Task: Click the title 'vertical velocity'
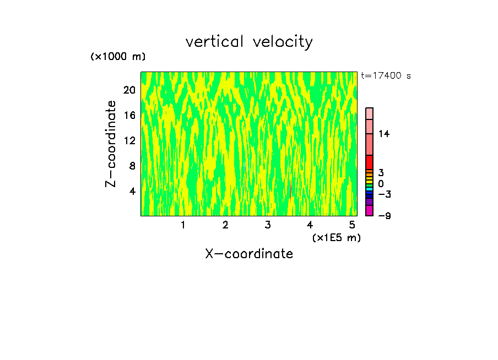point(249,42)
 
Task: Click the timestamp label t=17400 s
point(386,76)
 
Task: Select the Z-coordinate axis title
point(111,144)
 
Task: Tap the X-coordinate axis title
point(249,254)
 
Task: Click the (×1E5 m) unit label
point(337,237)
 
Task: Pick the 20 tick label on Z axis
point(129,90)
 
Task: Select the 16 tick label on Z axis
point(129,116)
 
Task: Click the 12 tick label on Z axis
point(129,141)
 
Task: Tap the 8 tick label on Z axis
point(132,166)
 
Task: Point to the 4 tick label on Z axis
point(132,192)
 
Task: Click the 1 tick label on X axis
point(183,225)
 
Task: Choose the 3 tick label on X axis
point(268,225)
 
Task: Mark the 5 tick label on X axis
point(352,225)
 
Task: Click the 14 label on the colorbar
point(383,134)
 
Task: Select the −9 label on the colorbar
point(384,216)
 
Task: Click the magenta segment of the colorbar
point(369,211)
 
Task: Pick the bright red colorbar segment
point(369,162)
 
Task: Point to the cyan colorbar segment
point(369,189)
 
